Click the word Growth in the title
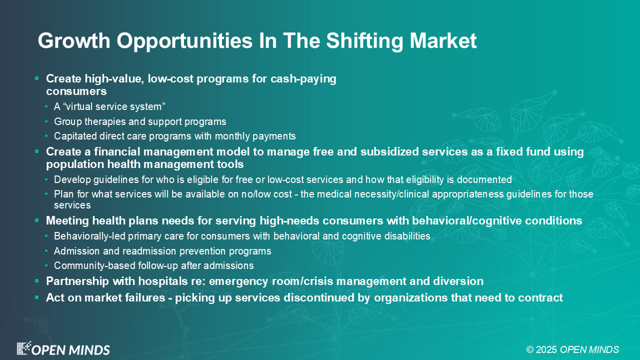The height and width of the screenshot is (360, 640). click(x=74, y=41)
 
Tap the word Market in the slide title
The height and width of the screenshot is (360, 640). click(x=443, y=41)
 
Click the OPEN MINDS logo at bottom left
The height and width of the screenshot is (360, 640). click(x=63, y=349)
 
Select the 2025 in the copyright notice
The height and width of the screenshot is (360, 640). click(x=546, y=349)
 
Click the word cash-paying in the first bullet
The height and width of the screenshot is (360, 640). click(x=303, y=79)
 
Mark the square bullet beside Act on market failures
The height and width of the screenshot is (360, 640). click(x=37, y=297)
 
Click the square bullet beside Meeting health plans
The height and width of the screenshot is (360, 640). click(x=37, y=220)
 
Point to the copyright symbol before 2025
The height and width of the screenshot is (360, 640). click(x=530, y=349)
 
